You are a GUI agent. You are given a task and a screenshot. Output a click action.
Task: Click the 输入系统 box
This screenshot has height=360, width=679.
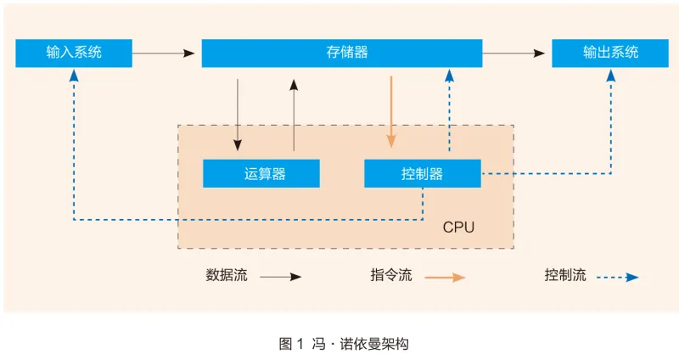pos(74,53)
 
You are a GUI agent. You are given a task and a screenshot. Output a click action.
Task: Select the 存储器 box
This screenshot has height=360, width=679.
pos(342,53)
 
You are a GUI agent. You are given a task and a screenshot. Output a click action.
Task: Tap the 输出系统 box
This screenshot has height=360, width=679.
pos(610,53)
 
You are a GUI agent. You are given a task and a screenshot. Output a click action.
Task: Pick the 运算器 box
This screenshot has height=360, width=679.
pos(261,173)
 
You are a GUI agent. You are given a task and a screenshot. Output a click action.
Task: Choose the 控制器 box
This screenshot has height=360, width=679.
pos(422,173)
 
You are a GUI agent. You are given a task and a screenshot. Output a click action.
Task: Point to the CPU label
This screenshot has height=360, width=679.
pos(458,228)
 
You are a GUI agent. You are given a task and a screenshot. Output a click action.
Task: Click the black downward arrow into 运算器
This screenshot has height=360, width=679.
pos(238,114)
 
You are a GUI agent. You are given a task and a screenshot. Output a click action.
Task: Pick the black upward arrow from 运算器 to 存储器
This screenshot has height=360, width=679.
pos(295,114)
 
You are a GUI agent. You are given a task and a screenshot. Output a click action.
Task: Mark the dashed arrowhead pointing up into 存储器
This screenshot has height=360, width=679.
pos(449,76)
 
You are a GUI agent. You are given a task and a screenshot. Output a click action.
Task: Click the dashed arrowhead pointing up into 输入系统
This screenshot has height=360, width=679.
pos(74,76)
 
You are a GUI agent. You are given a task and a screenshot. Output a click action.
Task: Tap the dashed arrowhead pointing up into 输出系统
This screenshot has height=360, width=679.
pos(610,76)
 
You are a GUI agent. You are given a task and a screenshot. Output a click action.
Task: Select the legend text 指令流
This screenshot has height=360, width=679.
pos(391,276)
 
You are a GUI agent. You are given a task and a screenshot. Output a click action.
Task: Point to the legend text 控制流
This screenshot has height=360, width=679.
pos(565,276)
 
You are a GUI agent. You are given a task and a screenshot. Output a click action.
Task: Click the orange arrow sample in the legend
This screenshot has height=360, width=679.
pos(445,277)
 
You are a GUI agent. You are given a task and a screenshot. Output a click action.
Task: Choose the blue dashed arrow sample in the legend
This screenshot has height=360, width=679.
pos(617,277)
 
